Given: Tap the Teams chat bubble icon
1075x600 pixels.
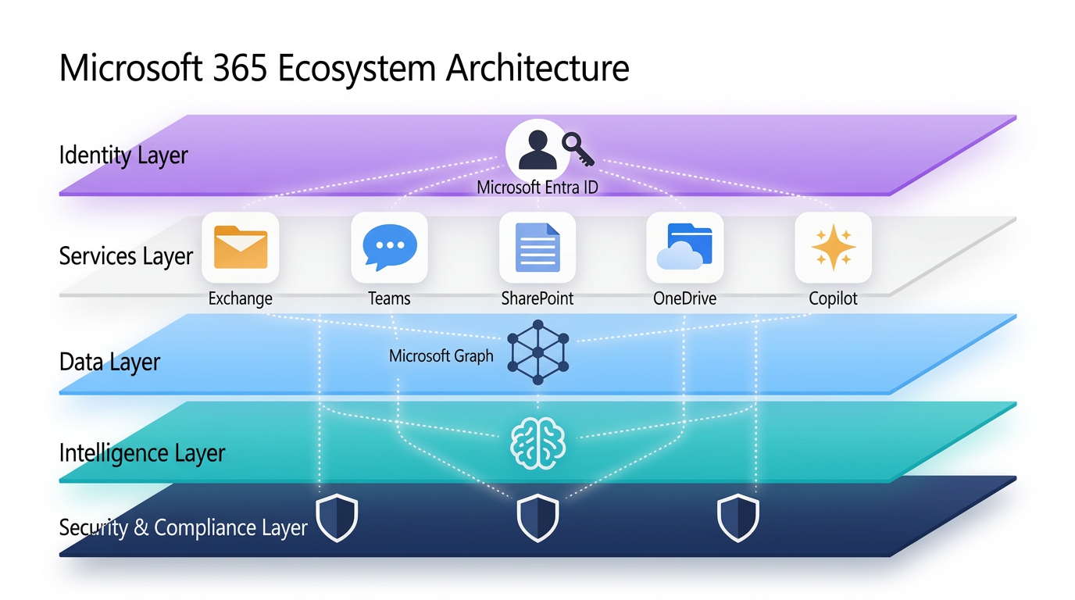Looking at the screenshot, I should pos(389,247).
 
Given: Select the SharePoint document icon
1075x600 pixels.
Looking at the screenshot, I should pos(537,247).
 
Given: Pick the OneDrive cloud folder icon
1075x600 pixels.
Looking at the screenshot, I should pos(685,247).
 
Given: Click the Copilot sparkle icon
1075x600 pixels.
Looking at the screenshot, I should pos(833,247).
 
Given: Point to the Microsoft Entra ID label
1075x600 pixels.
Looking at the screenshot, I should pos(537,187).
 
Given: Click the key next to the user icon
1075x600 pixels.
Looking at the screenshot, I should pos(578,148).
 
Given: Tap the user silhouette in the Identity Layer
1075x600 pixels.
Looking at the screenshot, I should pos(537,150).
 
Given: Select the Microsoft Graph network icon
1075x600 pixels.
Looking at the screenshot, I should pos(537,352).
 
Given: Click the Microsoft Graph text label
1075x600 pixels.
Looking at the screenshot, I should pos(441,356).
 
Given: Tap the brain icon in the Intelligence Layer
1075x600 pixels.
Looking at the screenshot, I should pos(537,442).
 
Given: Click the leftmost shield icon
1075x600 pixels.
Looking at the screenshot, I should pos(337,517).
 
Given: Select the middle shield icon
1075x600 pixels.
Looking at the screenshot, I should pos(538,517).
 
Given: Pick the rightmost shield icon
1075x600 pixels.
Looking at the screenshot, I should pos(738,517).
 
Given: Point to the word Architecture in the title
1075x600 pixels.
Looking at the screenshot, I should pos(537,68).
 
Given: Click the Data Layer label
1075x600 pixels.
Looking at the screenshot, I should pos(109,362).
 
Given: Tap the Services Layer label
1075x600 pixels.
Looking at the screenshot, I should pos(126,256).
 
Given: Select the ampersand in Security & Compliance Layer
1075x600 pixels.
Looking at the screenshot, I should pos(141,528).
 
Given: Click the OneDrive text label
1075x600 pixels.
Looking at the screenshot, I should pos(684,298).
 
